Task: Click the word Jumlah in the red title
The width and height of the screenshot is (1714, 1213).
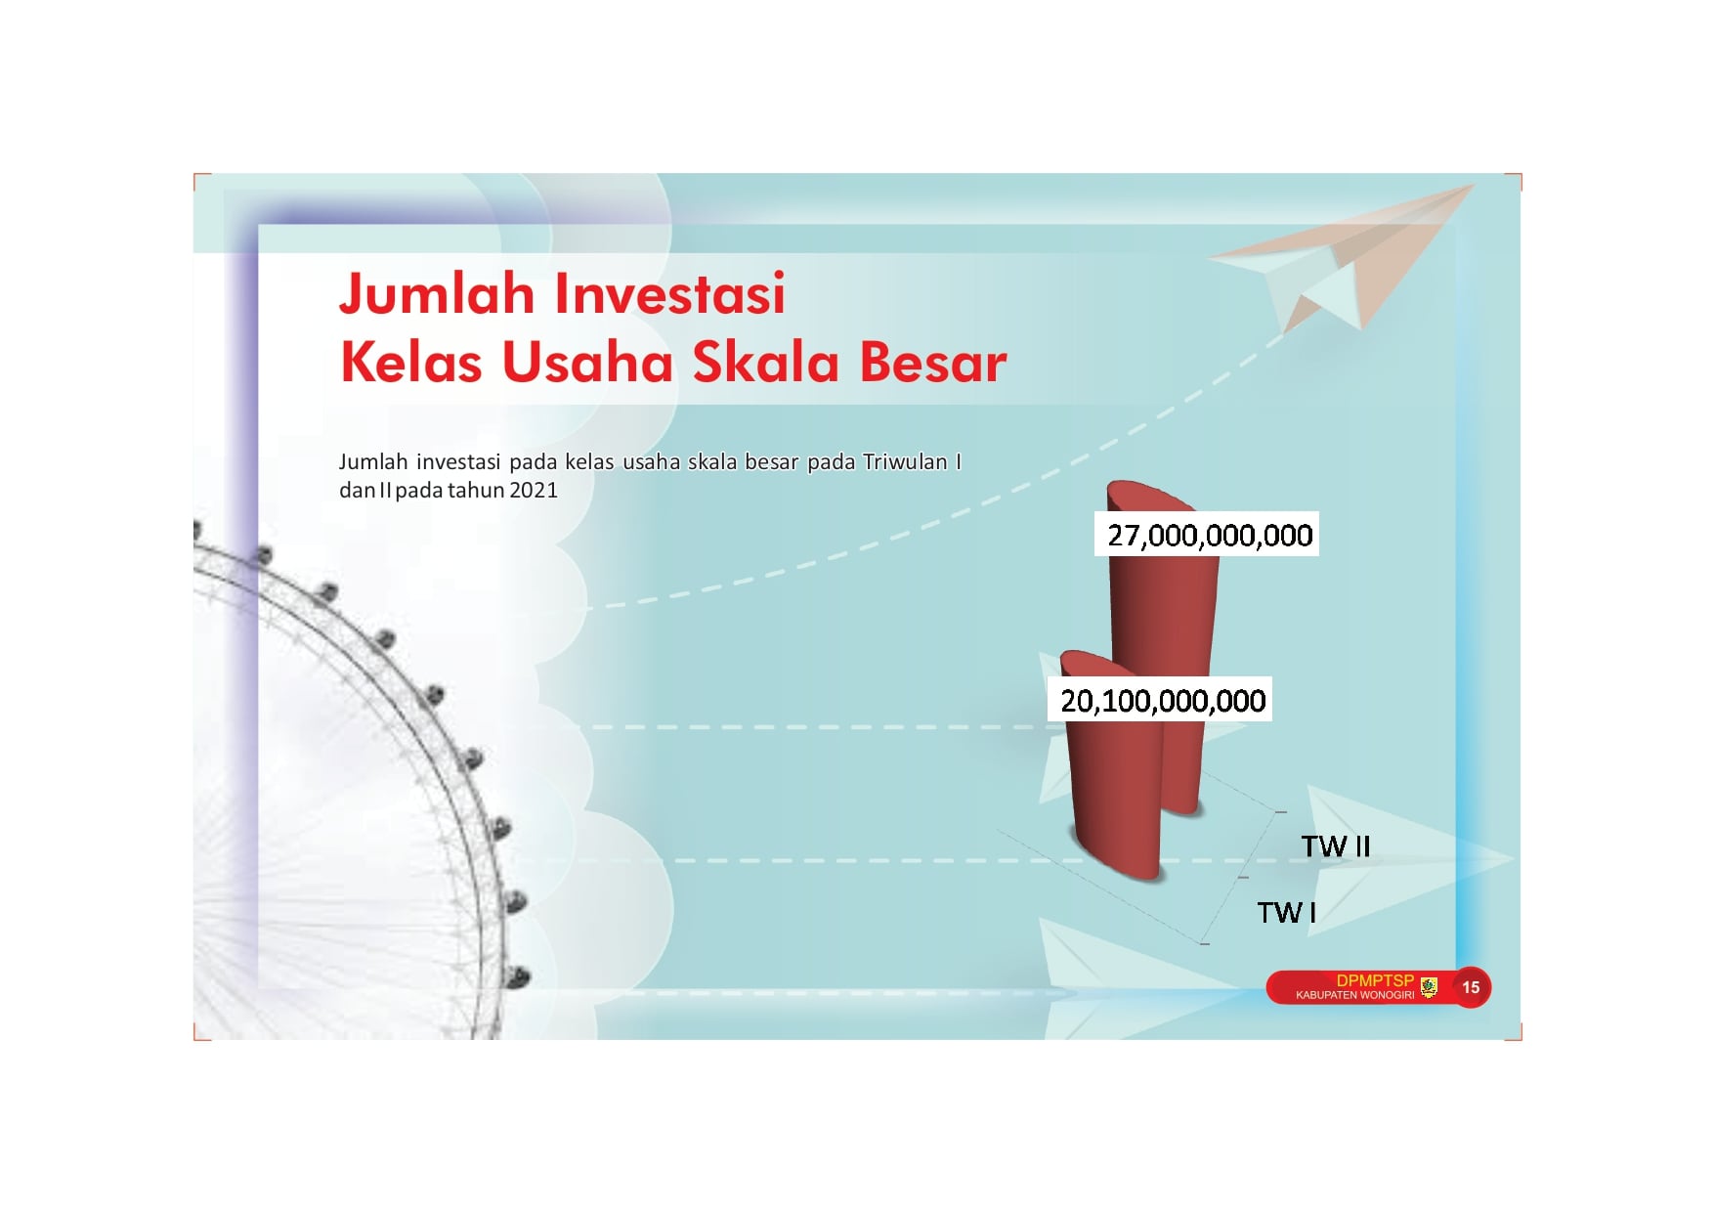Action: point(437,293)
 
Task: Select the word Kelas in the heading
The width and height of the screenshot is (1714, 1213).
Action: point(411,362)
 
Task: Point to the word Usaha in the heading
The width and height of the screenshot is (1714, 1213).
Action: point(588,362)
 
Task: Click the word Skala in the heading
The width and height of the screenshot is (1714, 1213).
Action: point(766,362)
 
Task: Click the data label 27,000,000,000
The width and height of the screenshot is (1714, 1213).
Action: point(1210,536)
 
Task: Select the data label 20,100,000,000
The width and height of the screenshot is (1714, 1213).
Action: point(1163,701)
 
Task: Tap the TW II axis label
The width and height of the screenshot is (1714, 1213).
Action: point(1336,846)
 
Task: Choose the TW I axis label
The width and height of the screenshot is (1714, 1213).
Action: point(1286,913)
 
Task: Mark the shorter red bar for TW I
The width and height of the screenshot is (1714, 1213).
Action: point(1114,782)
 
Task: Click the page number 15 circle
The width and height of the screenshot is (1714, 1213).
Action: point(1471,987)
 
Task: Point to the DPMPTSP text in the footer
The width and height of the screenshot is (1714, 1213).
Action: point(1375,980)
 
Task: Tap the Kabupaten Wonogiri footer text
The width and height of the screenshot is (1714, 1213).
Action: point(1354,995)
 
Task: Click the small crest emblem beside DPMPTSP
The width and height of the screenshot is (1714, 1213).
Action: point(1429,987)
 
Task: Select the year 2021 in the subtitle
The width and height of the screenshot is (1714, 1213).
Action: point(533,490)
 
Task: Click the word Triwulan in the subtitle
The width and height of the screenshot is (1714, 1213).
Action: point(905,461)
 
